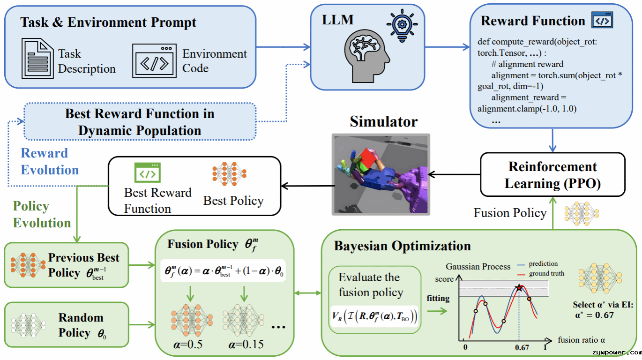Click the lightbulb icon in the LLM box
pos(402,25)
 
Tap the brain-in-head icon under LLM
pos(366,56)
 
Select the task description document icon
pos(37,59)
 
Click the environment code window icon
pos(154,61)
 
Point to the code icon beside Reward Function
pos(602,20)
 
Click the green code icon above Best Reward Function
pos(147,172)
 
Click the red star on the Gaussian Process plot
pos(519,287)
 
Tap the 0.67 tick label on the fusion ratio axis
pos(522,348)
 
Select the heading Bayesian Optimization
pos(402,246)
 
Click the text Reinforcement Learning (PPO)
pos(552,175)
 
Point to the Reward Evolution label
pos(50,161)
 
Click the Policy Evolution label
pos(42,214)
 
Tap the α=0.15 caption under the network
pos(246,344)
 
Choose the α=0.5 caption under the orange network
pos(188,344)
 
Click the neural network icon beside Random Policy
pos(29,325)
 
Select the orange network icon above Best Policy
pos(229,174)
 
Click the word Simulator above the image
pos(383,121)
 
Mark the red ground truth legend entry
pos(541,274)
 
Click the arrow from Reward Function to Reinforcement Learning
pos(552,141)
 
